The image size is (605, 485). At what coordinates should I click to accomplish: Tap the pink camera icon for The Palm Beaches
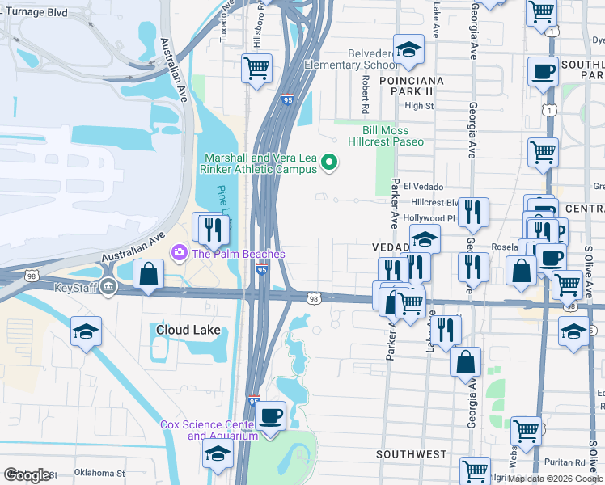[177, 254]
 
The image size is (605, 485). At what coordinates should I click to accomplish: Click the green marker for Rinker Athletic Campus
[329, 163]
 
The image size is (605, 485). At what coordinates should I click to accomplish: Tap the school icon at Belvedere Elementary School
[409, 50]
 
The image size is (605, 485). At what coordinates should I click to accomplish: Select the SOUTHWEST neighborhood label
[411, 455]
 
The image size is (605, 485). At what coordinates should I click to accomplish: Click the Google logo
[28, 475]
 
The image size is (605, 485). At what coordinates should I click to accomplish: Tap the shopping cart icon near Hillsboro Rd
[256, 69]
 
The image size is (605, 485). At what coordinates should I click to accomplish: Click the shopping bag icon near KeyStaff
[149, 275]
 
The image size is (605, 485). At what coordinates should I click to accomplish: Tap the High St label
[419, 106]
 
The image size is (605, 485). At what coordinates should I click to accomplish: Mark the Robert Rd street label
[366, 95]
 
